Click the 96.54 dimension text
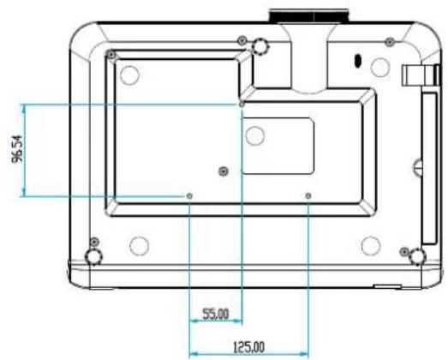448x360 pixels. (17, 149)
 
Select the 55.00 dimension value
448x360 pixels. (216, 314)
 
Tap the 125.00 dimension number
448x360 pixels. (249, 347)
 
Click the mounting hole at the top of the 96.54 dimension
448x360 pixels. (242, 105)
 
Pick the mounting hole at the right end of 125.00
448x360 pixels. (308, 196)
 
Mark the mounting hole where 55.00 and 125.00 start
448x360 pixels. (189, 196)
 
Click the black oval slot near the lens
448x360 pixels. (357, 60)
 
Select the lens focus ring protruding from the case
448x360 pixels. (309, 16)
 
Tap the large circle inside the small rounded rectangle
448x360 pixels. (255, 135)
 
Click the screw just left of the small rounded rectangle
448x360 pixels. (223, 171)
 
